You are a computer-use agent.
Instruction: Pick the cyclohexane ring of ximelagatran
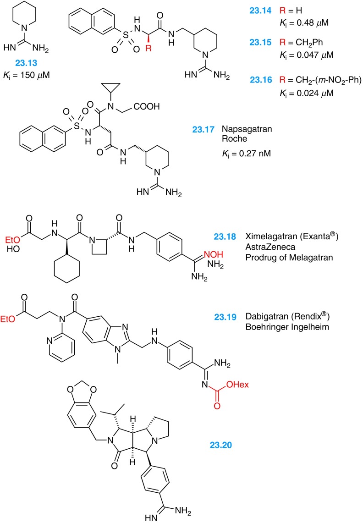coord(66,277)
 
